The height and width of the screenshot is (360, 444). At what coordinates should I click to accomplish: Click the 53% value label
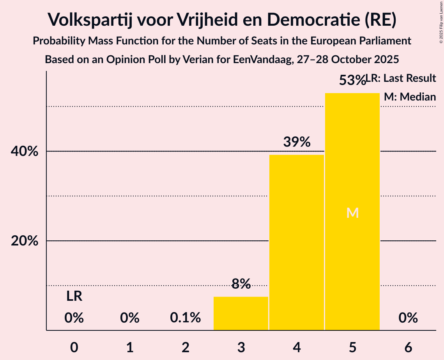[x=352, y=81]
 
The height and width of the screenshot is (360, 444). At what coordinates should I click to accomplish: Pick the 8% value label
[x=241, y=284]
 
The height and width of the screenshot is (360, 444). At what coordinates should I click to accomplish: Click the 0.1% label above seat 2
[x=186, y=318]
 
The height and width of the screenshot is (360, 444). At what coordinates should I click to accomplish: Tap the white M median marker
[x=352, y=213]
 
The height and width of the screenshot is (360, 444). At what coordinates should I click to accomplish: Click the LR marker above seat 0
[x=74, y=296]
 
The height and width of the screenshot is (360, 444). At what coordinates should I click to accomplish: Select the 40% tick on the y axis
[x=25, y=152]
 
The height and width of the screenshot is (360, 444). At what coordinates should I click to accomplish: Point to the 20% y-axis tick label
[x=25, y=241]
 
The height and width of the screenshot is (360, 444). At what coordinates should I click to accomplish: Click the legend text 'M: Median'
[x=410, y=97]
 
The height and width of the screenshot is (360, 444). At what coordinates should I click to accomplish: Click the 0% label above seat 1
[x=130, y=318]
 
